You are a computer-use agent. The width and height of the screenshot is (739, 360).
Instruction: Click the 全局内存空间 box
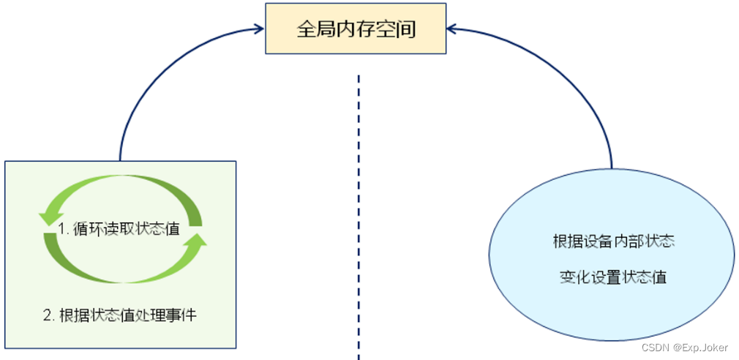pyautogui.click(x=356, y=29)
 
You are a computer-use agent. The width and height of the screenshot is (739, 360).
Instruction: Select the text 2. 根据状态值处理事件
pyautogui.click(x=120, y=315)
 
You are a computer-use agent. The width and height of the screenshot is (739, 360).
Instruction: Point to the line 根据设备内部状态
pyautogui.click(x=613, y=241)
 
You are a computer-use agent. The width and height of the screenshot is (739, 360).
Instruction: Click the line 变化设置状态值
pyautogui.click(x=613, y=277)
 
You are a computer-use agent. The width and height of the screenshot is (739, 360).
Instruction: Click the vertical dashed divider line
pyautogui.click(x=359, y=220)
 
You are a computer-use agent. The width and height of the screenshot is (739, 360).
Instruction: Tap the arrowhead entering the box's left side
pyautogui.click(x=257, y=29)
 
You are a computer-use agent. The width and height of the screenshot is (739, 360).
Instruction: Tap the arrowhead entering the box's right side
pyautogui.click(x=453, y=29)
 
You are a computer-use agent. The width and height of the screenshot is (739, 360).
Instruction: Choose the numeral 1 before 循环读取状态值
pyautogui.click(x=61, y=228)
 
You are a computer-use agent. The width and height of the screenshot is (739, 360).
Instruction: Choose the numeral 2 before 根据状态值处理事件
pyautogui.click(x=47, y=316)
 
